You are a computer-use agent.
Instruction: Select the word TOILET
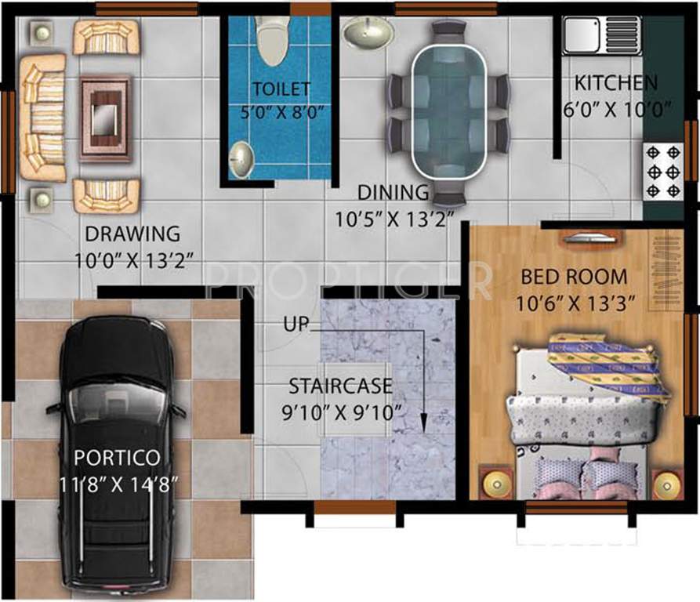click(281, 89)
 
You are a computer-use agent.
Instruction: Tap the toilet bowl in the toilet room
click(272, 42)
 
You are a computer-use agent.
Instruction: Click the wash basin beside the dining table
click(368, 33)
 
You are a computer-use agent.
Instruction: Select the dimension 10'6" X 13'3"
click(575, 302)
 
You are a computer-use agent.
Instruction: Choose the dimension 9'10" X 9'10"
click(346, 410)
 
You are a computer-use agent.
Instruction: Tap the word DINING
click(394, 193)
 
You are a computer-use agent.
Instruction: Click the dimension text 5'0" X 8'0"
click(281, 111)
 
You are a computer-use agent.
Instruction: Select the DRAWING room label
click(132, 234)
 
